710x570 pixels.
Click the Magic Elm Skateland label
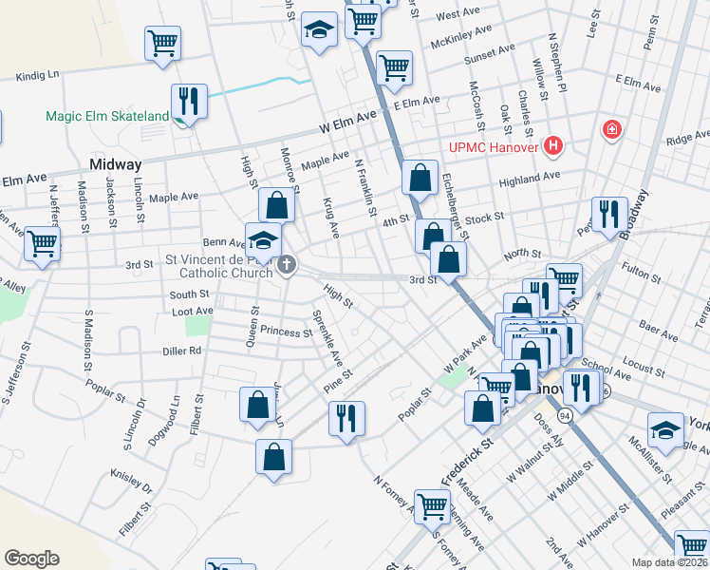[x=107, y=117]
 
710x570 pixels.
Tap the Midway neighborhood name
[x=115, y=164]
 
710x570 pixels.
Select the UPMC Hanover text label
[x=494, y=147]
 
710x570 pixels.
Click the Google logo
[x=31, y=559]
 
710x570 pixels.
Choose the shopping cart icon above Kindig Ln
[x=162, y=42]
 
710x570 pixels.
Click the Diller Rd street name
[x=182, y=350]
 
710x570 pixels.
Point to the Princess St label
[x=279, y=333]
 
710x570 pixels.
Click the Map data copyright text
[x=669, y=562]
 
